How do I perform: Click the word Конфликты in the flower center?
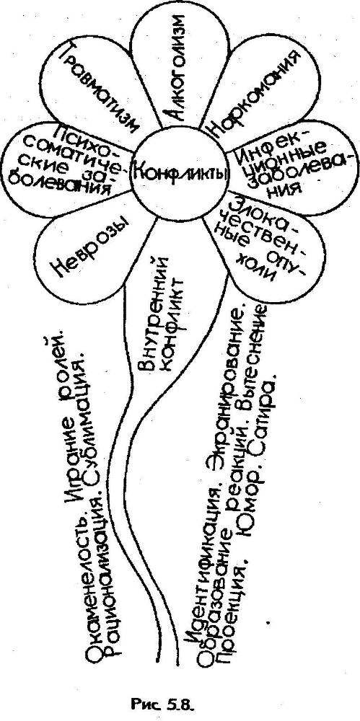[x=180, y=173]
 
